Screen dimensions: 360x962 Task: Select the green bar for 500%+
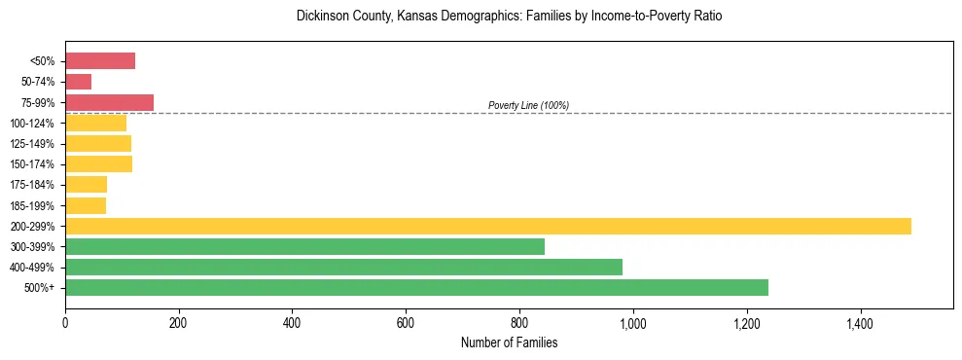[x=416, y=288]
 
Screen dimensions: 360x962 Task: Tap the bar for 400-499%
[x=343, y=267]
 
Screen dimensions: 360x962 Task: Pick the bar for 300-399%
[x=304, y=246]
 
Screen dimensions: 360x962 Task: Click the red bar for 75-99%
[x=109, y=102]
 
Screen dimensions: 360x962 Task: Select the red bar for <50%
[x=100, y=61]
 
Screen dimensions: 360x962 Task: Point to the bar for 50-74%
[x=78, y=82]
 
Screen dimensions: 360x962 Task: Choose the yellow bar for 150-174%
[x=98, y=164]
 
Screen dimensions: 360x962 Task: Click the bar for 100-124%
[x=95, y=123]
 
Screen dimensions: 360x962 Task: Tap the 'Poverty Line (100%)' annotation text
[x=528, y=105]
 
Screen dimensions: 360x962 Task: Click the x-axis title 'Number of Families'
[x=509, y=342]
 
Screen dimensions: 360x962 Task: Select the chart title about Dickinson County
[x=509, y=17]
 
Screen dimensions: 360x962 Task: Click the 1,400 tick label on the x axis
[x=860, y=322]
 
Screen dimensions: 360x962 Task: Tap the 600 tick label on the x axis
[x=406, y=322]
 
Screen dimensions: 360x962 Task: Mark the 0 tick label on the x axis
[x=65, y=322]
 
